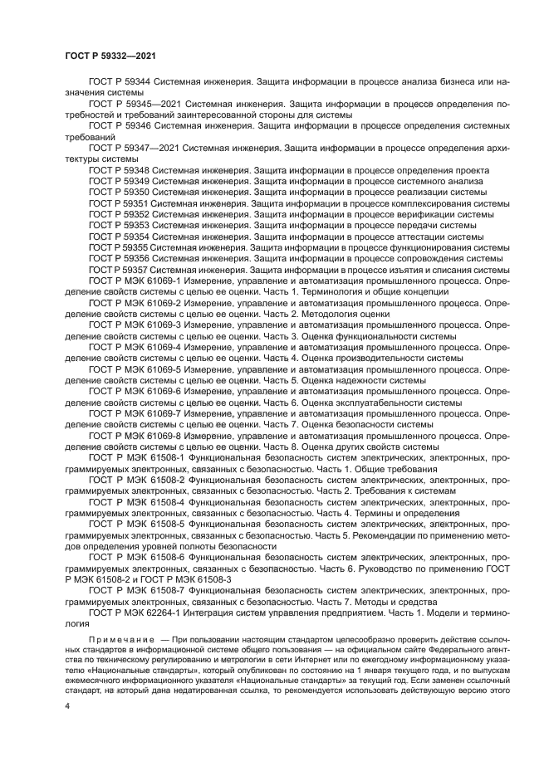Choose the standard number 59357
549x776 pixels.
[136, 270]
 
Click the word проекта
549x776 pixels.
[469, 170]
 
